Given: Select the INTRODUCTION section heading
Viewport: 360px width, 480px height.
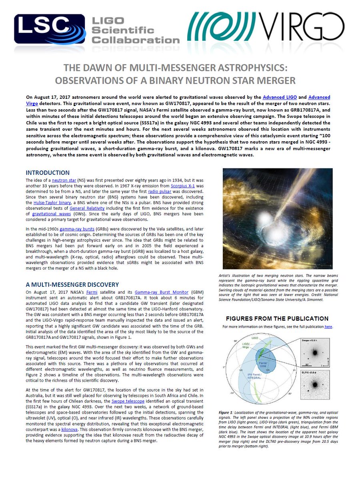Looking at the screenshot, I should click(48, 173).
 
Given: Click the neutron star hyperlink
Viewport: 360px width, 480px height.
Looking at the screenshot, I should click(63, 180).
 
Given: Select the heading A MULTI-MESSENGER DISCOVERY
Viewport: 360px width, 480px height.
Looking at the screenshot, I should click(72, 284).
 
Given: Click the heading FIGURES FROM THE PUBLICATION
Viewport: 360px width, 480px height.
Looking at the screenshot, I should click(277, 318).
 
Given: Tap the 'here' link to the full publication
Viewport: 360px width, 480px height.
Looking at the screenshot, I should click(328, 326).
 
